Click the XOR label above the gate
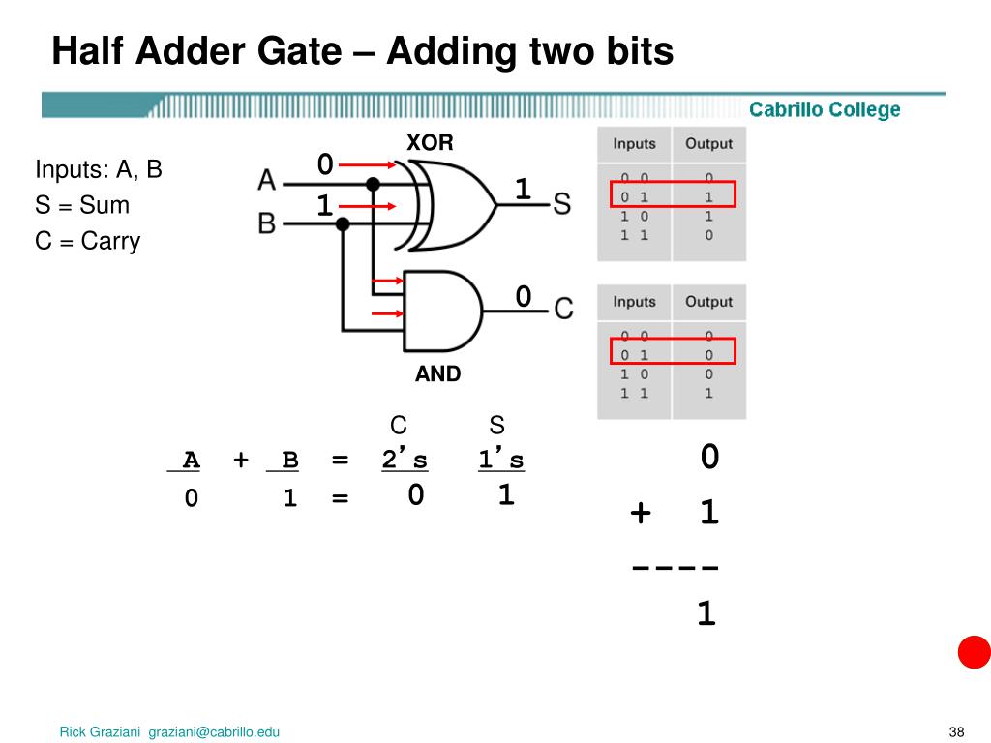(x=430, y=142)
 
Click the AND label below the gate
(x=437, y=373)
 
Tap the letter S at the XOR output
(x=561, y=202)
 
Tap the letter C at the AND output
(x=563, y=309)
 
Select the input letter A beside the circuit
(x=266, y=180)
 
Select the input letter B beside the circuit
(x=266, y=223)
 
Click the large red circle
(x=974, y=652)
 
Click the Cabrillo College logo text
(x=825, y=110)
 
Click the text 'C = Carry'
(x=88, y=241)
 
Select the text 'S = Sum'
(x=82, y=205)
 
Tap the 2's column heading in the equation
(x=405, y=461)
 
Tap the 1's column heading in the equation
(x=500, y=461)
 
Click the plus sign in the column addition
(x=640, y=512)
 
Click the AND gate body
(x=440, y=310)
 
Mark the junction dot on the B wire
(x=342, y=223)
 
